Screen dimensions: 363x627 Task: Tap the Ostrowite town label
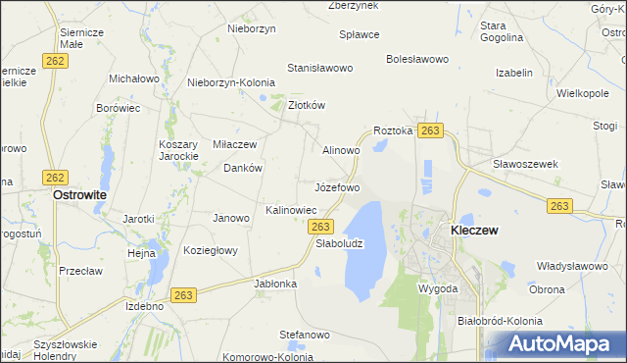[79, 195]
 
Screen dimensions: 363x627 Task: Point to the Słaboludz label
[339, 243]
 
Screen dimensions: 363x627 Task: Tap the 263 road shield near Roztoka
[429, 130]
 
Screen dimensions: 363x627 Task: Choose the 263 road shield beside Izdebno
[183, 295]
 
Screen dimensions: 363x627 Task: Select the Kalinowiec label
[291, 210]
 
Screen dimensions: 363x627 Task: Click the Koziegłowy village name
[211, 250]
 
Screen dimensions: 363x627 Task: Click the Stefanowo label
[303, 335]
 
